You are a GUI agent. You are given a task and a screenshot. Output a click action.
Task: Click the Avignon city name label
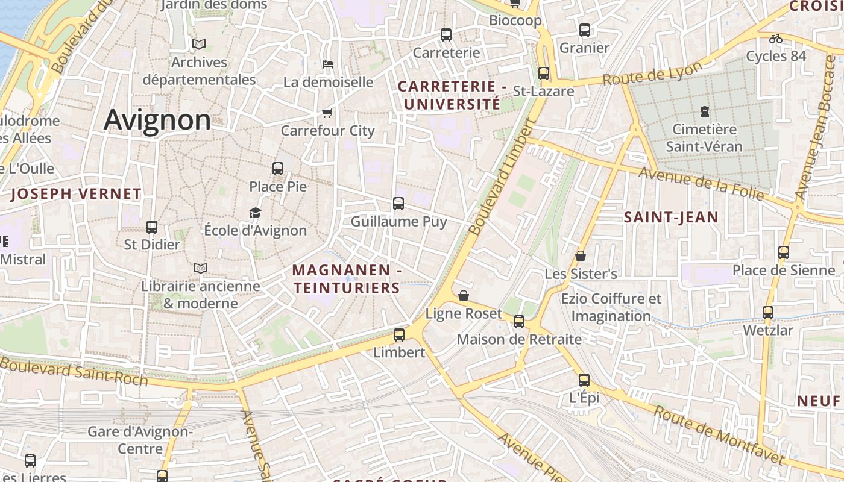pyautogui.click(x=157, y=120)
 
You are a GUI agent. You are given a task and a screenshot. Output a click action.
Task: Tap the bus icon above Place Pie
pyautogui.click(x=278, y=169)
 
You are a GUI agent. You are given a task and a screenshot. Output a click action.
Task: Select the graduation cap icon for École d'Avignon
pyautogui.click(x=256, y=213)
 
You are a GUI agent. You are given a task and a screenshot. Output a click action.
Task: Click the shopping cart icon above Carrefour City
pyautogui.click(x=327, y=113)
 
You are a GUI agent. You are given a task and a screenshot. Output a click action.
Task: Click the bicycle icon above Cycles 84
pyautogui.click(x=776, y=39)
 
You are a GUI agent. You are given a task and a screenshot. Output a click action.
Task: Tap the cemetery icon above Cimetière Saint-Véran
pyautogui.click(x=704, y=111)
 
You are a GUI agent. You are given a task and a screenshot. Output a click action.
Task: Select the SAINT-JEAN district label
pyautogui.click(x=671, y=218)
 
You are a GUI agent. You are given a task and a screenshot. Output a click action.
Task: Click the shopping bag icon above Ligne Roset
pyautogui.click(x=464, y=296)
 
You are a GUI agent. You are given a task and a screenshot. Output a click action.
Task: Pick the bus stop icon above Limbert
pyautogui.click(x=399, y=335)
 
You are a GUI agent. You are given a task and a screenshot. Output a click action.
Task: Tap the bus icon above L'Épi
pyautogui.click(x=584, y=380)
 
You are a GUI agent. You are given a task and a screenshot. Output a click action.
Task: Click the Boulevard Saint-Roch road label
pyautogui.click(x=74, y=370)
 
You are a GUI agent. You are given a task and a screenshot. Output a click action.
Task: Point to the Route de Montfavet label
pyautogui.click(x=719, y=435)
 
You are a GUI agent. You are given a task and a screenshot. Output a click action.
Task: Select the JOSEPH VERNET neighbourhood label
pyautogui.click(x=76, y=194)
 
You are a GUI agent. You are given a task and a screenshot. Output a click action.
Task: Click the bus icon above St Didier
pyautogui.click(x=152, y=227)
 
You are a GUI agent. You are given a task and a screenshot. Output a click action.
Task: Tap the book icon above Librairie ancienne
pyautogui.click(x=201, y=268)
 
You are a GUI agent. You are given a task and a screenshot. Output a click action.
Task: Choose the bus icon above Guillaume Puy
pyautogui.click(x=398, y=204)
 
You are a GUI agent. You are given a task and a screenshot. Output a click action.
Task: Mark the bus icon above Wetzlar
pyautogui.click(x=767, y=313)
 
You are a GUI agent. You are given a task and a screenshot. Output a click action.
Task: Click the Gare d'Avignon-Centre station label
pyautogui.click(x=140, y=440)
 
